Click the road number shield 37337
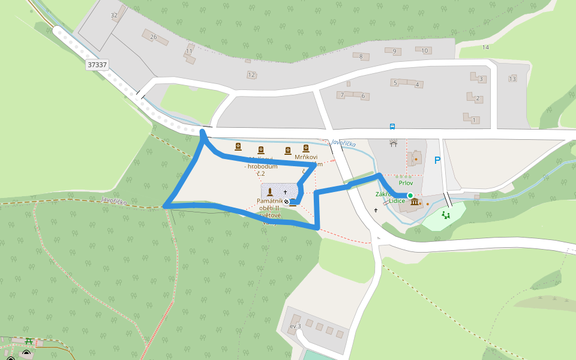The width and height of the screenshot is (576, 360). (x=97, y=64)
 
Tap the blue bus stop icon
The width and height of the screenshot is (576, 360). (x=392, y=127)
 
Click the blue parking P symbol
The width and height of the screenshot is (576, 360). (x=437, y=160)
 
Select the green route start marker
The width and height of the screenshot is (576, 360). (x=410, y=196)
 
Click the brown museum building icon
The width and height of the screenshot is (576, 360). (x=415, y=202)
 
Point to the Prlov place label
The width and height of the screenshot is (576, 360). (x=406, y=182)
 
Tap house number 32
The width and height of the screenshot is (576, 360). (x=114, y=15)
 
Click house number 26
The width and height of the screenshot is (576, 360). (x=154, y=37)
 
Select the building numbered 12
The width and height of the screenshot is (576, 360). (x=251, y=75)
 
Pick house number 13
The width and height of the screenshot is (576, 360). (x=512, y=79)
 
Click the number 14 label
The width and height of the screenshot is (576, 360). (x=485, y=47)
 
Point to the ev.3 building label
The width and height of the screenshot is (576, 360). (x=295, y=326)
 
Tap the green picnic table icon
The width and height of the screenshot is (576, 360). (x=28, y=341)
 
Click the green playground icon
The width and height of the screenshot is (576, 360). (x=446, y=214)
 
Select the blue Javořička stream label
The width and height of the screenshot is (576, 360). (x=343, y=144)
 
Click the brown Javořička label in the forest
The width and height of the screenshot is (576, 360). (x=114, y=201)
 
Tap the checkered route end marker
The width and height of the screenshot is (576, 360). (x=286, y=202)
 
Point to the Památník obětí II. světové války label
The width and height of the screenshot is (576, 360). (x=270, y=211)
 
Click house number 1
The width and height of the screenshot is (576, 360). (x=474, y=121)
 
